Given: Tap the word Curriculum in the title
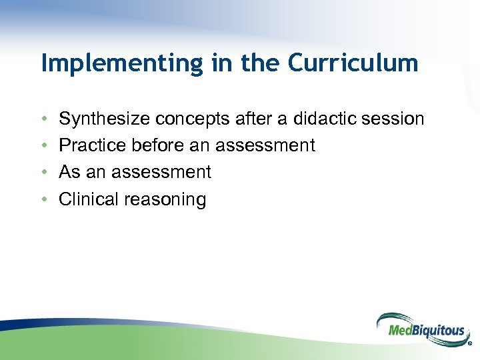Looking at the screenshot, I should (x=353, y=63).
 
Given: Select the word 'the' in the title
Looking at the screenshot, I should (x=259, y=63).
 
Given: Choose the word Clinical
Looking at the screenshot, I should (x=88, y=199).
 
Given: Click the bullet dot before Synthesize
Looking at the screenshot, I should (x=43, y=119).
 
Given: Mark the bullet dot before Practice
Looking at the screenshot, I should (x=43, y=146).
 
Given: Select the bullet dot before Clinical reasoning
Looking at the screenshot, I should (x=43, y=199).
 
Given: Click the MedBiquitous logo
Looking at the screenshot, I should (x=420, y=328).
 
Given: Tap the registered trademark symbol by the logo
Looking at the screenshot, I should (x=470, y=345).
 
